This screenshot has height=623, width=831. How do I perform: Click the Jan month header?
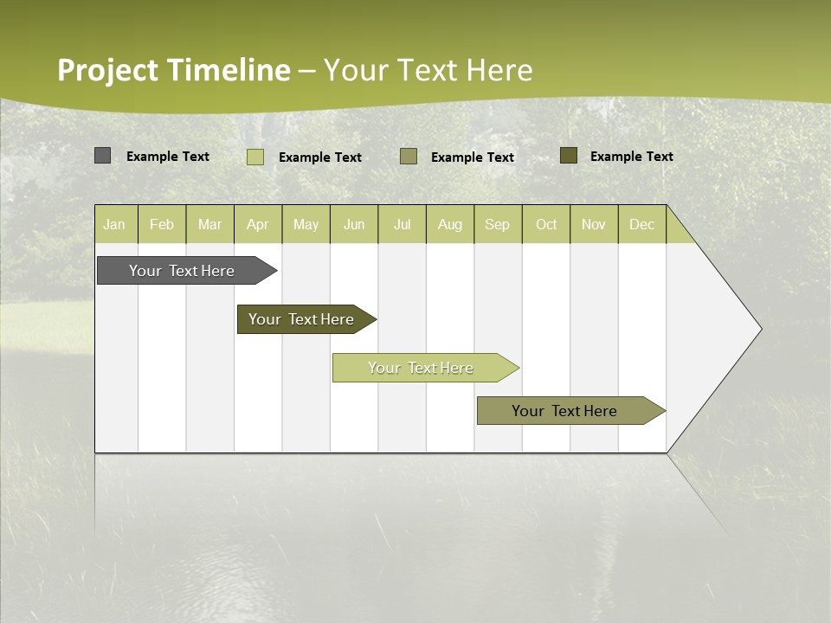point(115,225)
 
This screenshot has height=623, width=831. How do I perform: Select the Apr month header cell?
point(258,225)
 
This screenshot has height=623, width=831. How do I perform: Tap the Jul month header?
point(402,225)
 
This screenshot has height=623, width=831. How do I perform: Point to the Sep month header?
point(498,225)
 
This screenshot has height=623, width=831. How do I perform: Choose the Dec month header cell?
point(641,225)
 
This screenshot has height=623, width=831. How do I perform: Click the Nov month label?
point(594,225)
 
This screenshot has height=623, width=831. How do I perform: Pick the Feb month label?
point(162,225)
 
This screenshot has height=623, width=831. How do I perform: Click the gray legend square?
point(102,156)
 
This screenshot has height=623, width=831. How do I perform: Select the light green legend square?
point(255,157)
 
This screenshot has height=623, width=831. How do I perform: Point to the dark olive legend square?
point(569,156)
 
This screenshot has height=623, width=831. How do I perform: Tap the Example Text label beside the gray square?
point(168,157)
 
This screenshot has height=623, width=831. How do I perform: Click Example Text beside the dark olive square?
point(632,157)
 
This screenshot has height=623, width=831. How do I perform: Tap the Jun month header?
point(354,225)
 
